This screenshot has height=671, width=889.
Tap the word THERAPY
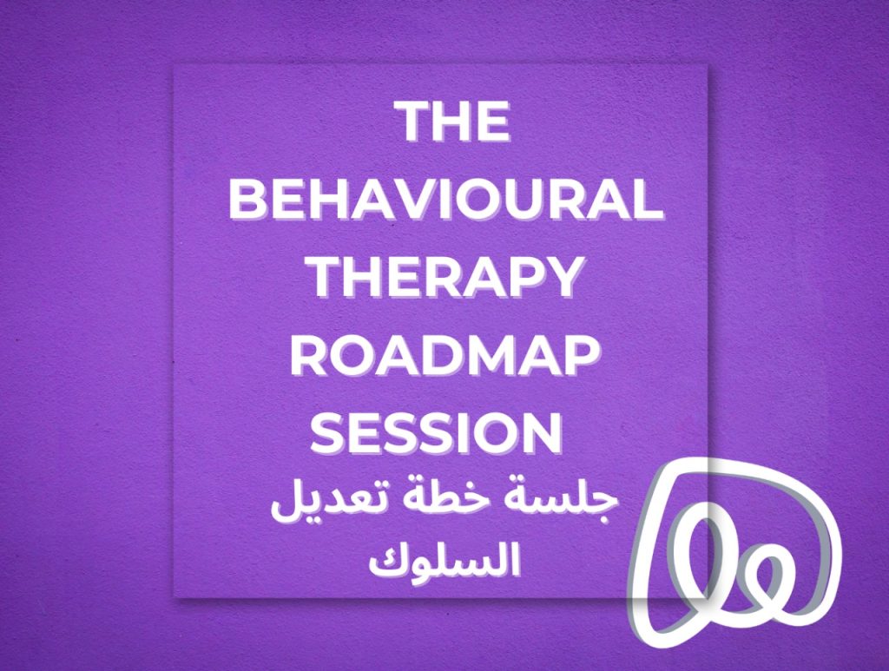pos(445,278)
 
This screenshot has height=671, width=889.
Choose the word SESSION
pos(437,434)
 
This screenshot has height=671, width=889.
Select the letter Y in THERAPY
pos(563,278)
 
